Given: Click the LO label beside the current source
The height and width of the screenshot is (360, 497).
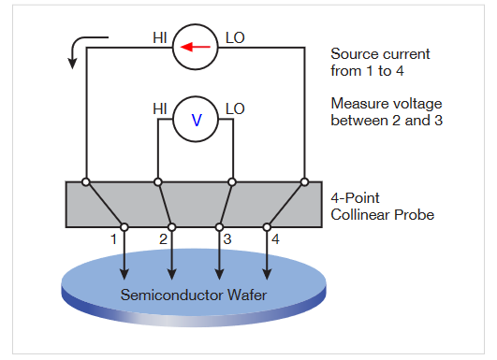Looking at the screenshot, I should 234,39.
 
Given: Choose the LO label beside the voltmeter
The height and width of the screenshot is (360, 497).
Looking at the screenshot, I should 234,109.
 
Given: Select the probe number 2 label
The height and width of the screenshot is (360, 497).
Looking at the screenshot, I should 162,238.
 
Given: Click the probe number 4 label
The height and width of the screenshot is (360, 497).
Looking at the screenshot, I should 275,238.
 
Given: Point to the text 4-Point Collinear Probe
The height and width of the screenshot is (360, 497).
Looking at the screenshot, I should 384,208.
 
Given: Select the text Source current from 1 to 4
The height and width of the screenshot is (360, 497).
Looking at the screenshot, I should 375,63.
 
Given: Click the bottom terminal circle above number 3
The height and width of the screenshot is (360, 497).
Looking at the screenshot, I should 219,226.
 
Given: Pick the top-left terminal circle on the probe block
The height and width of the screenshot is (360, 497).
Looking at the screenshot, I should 86,181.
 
